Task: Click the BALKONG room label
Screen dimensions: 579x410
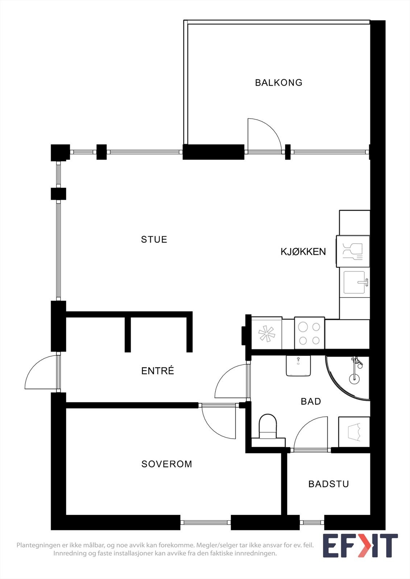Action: coord(278,83)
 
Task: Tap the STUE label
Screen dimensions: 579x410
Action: coord(154,240)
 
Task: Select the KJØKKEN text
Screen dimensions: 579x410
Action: coord(303,252)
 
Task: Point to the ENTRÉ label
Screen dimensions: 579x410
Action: coord(158,371)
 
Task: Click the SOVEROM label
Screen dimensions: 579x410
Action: coord(167,464)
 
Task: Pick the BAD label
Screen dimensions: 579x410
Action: coord(311,401)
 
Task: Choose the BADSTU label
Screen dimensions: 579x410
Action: coord(328,484)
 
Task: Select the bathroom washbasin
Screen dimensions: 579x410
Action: coord(298,365)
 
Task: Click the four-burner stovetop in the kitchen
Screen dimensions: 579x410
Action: coord(309,333)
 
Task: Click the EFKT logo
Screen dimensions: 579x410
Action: coord(360,545)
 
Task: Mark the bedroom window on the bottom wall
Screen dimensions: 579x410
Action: coord(206,522)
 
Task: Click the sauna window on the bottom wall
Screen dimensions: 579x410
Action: coord(312,522)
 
